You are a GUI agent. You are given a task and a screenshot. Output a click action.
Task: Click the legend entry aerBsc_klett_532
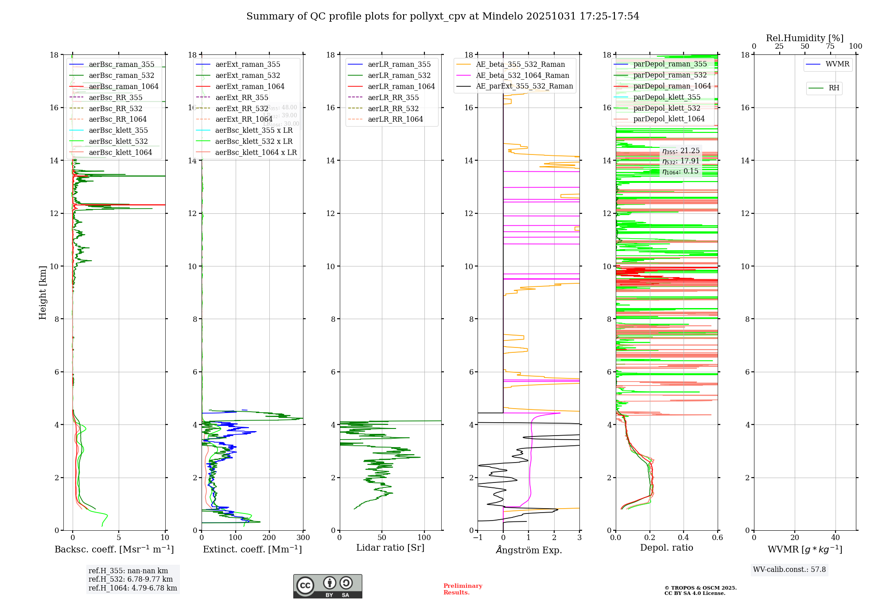(x=118, y=141)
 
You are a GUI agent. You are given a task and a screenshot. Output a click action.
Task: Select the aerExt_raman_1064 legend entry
(x=249, y=86)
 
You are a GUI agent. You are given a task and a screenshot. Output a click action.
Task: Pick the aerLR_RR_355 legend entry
(x=393, y=97)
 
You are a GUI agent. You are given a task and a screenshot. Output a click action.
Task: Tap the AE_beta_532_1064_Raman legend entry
(x=522, y=75)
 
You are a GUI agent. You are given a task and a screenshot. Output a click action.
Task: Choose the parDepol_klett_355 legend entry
(x=667, y=97)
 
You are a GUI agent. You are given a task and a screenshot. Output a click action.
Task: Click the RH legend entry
(x=834, y=88)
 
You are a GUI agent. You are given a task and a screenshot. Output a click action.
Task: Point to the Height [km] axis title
(x=43, y=293)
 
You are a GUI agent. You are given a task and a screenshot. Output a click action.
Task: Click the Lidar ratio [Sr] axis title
(x=390, y=548)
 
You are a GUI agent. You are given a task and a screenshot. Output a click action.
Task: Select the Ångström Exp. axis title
(x=528, y=550)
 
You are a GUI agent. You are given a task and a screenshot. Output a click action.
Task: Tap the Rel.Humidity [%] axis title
(x=804, y=38)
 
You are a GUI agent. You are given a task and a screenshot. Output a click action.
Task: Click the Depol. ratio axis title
(x=666, y=548)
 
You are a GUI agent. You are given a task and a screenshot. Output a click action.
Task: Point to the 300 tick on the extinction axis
(x=303, y=538)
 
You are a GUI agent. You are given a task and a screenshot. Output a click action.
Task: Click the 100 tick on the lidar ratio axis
(x=424, y=538)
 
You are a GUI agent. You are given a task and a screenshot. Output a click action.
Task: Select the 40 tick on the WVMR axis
(x=835, y=538)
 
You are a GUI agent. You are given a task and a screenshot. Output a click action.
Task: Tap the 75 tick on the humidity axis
(x=830, y=46)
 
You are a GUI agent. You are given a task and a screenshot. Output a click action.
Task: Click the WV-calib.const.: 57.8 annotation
(x=789, y=569)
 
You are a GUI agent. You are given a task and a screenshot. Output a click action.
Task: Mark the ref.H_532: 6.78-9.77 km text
(x=131, y=579)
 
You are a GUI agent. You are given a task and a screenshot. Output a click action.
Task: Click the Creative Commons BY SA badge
(x=327, y=586)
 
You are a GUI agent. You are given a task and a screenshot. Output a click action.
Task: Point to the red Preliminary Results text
(x=462, y=589)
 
